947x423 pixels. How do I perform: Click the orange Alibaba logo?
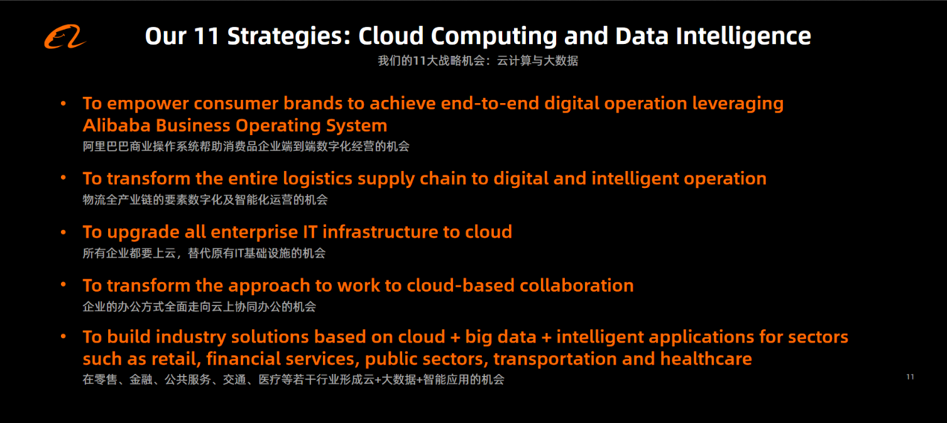(x=65, y=37)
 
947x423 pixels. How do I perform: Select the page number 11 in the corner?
(x=910, y=376)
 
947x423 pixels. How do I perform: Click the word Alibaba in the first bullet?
(x=116, y=125)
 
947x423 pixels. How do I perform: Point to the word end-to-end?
(x=490, y=103)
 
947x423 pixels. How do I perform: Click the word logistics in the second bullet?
(x=317, y=179)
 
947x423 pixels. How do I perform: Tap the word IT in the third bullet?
(x=310, y=232)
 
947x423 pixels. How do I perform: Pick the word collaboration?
(x=577, y=285)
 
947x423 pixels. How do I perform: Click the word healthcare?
(x=706, y=359)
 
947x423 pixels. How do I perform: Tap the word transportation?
(x=555, y=359)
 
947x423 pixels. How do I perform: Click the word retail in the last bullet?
(x=177, y=359)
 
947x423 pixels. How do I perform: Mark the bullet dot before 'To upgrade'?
(x=63, y=232)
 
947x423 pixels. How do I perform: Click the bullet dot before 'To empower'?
(x=63, y=103)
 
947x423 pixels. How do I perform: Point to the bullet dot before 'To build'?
(x=63, y=337)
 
